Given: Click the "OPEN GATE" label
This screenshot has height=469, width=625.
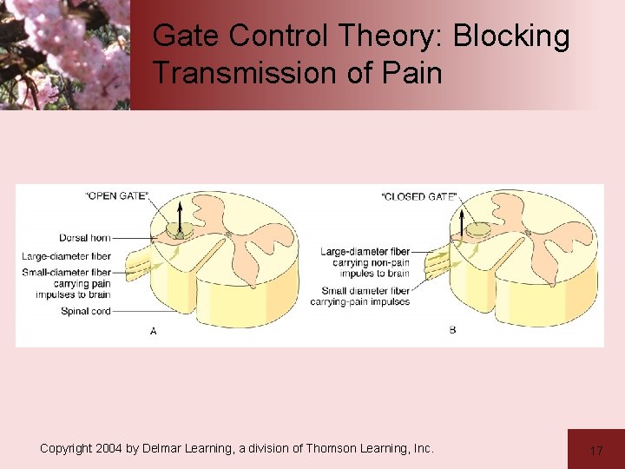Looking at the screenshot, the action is [116, 195].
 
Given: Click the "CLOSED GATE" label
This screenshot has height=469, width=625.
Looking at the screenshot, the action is [419, 197].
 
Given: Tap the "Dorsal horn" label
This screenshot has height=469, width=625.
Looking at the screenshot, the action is [85, 238].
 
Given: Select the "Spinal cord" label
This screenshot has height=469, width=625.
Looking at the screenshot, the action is [86, 311].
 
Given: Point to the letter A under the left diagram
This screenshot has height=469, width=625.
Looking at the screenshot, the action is [154, 331].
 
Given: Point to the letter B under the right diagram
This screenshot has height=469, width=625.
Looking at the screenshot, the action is [453, 330].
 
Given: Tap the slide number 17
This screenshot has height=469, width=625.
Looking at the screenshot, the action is [596, 451].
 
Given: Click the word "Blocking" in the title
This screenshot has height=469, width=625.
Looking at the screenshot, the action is [511, 36].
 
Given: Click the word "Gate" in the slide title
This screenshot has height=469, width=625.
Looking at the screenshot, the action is [186, 36].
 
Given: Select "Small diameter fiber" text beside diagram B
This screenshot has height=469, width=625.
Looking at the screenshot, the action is [365, 291].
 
